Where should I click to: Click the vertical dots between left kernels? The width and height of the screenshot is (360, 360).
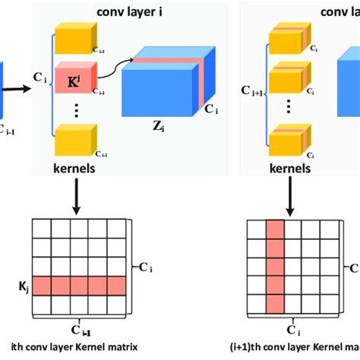click(74, 109)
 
